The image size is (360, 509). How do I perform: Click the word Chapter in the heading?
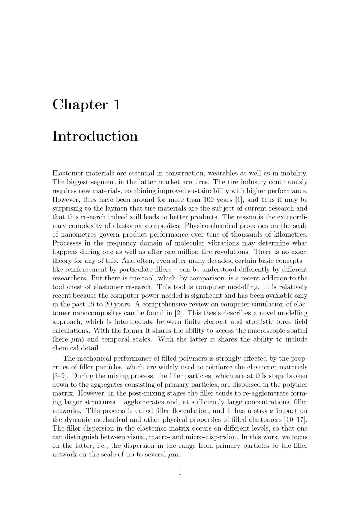coord(80,105)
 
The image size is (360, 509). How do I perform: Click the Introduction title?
coord(95,136)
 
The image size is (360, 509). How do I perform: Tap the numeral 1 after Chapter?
coord(117,105)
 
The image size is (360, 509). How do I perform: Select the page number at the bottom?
coord(180,472)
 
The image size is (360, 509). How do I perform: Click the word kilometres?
coord(290,234)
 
